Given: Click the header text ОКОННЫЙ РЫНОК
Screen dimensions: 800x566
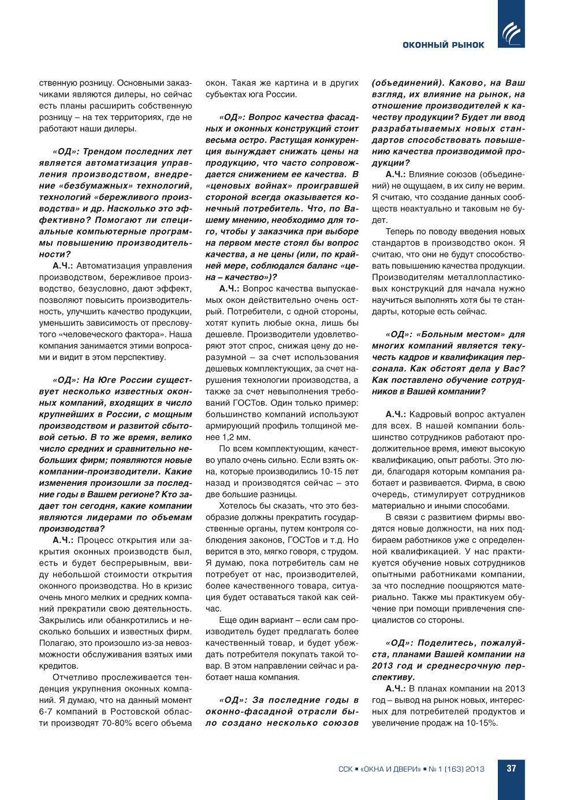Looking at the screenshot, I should [443, 45].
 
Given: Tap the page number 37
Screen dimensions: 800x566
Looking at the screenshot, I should [511, 768].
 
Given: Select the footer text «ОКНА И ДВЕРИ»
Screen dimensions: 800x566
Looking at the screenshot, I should [390, 769].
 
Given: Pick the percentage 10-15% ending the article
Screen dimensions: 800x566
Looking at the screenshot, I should [483, 723].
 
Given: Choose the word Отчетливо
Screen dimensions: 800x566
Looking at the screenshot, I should [76, 677].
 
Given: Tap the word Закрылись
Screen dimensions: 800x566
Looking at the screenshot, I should [61, 620].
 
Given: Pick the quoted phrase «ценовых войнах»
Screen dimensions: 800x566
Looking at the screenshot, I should [248, 186].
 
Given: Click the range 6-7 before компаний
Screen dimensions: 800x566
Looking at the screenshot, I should [47, 711].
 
